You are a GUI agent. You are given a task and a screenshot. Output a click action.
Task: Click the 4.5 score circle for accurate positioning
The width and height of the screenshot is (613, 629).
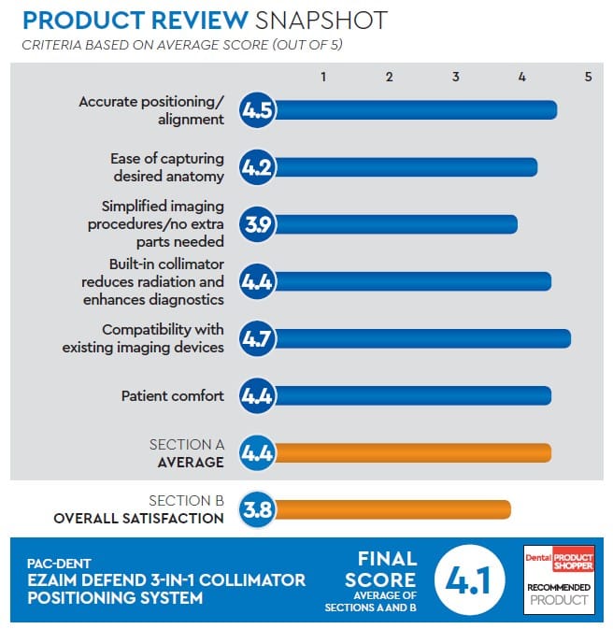click(257, 110)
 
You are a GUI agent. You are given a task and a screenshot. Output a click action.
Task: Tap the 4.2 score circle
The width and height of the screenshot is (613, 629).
click(257, 167)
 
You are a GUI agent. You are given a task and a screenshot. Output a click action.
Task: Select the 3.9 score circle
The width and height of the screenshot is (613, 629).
click(257, 224)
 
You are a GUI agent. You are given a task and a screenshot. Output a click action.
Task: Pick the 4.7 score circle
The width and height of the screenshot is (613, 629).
click(257, 337)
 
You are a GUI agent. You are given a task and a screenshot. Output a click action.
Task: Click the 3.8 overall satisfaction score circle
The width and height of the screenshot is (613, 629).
click(257, 509)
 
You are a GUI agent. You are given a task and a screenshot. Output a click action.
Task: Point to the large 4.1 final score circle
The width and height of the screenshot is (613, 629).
click(467, 580)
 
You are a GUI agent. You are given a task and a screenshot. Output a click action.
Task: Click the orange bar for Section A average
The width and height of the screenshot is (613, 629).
click(411, 453)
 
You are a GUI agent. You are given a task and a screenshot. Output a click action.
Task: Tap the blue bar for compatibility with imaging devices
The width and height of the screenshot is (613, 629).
click(421, 337)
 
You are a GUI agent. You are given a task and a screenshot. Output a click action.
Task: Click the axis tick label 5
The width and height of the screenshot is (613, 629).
click(588, 77)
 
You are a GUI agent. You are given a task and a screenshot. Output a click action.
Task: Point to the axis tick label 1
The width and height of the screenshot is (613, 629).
click(323, 77)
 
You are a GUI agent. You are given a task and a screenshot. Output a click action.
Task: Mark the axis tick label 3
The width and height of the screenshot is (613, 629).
click(456, 77)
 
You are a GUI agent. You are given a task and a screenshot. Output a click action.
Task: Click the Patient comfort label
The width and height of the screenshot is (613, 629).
click(173, 395)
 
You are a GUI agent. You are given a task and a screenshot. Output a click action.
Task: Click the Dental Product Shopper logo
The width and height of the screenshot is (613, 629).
click(559, 557)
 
